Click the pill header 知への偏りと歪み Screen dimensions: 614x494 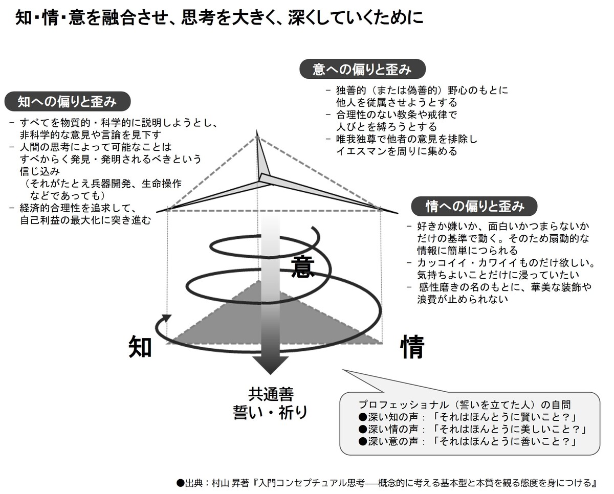click(x=68, y=102)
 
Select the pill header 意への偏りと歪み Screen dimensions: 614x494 click(x=362, y=69)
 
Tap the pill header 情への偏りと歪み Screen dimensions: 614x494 click(x=474, y=206)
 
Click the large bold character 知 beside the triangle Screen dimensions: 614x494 click(x=140, y=347)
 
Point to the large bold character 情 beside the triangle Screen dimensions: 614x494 click(x=412, y=347)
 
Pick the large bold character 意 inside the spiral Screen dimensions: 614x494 click(x=303, y=266)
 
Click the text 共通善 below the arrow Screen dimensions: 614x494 click(x=271, y=394)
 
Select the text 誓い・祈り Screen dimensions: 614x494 click(x=271, y=413)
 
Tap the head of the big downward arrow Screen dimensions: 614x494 click(x=271, y=365)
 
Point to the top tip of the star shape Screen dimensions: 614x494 click(x=256, y=130)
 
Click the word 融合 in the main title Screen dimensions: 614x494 click(x=118, y=18)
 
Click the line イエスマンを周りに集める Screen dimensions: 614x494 click(x=397, y=151)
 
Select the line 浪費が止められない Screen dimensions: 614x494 click(x=463, y=299)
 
